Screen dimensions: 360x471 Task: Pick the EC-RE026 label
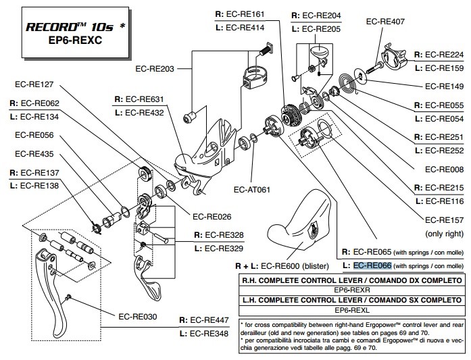pyautogui.click(x=214, y=217)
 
